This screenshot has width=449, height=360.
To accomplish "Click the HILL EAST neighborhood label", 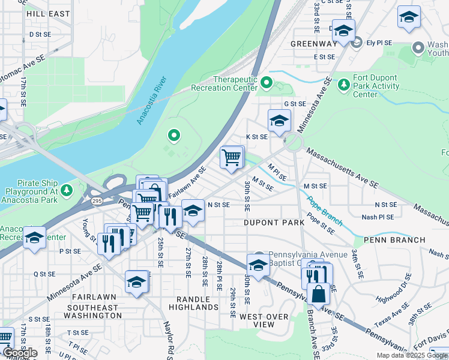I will tap(48, 13).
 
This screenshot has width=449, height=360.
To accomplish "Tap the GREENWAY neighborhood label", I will tap(314, 44).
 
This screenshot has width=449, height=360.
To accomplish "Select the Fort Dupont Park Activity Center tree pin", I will tap(343, 85).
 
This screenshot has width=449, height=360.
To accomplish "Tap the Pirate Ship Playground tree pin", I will tap(67, 191).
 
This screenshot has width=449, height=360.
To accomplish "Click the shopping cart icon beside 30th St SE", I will tap(232, 158).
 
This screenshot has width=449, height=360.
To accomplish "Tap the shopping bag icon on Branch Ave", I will tap(318, 295).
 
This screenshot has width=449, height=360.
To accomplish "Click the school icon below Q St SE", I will tap(137, 282).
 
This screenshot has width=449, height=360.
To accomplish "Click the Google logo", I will tap(19, 353).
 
